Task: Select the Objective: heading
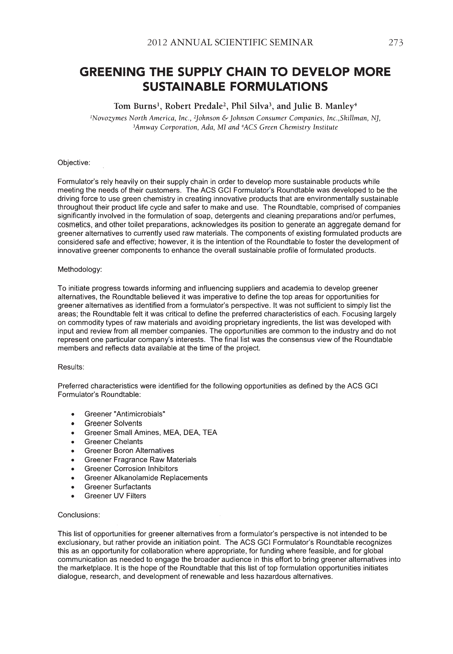pyautogui.click(x=74, y=163)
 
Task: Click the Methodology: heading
pyautogui.click(x=79, y=269)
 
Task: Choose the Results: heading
pyautogui.click(x=71, y=367)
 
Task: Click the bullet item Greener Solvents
pyautogui.click(x=113, y=423)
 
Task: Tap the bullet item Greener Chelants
pyautogui.click(x=114, y=441)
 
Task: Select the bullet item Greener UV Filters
pyautogui.click(x=115, y=496)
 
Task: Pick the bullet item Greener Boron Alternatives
pyautogui.click(x=129, y=451)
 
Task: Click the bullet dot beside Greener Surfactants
pyautogui.click(x=73, y=487)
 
